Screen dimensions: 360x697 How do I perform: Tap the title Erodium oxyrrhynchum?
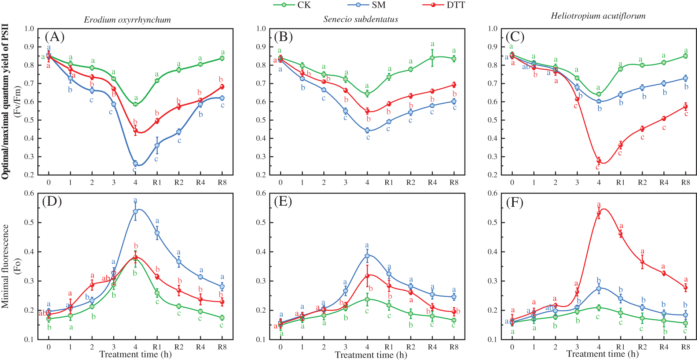(x=127, y=20)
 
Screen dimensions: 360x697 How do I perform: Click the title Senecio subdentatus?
(x=360, y=19)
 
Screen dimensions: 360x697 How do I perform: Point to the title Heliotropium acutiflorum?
(x=598, y=16)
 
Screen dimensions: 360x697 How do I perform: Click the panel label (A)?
(x=54, y=37)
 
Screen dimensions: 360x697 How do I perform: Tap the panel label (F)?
(x=514, y=202)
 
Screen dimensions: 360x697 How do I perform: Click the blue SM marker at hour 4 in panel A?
(x=135, y=164)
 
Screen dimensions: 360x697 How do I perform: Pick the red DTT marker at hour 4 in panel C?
(x=599, y=161)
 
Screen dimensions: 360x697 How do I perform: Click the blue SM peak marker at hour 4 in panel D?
(x=135, y=211)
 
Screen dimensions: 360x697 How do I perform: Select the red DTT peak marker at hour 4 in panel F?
(x=599, y=213)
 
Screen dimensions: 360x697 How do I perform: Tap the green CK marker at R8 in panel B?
(x=454, y=59)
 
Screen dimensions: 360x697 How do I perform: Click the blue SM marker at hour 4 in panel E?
(x=367, y=256)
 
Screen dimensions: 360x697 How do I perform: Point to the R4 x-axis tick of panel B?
(x=432, y=183)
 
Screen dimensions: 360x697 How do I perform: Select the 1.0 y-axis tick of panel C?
(x=493, y=29)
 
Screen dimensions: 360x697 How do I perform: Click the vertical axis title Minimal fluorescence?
(x=5, y=266)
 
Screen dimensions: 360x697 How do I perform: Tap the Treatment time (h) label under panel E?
(x=371, y=355)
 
